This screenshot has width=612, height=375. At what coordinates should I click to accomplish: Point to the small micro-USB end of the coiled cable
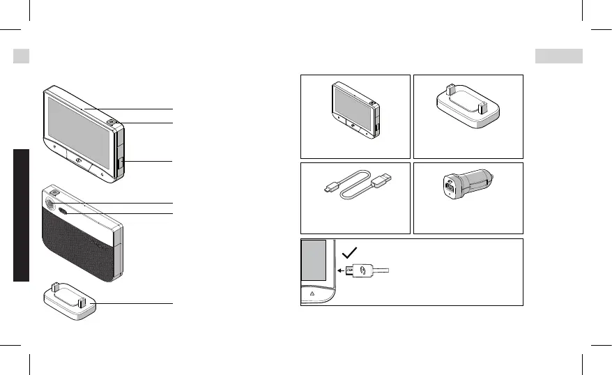330,188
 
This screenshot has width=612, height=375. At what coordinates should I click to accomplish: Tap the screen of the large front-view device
79,130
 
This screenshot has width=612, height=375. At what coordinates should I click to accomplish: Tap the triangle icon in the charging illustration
312,294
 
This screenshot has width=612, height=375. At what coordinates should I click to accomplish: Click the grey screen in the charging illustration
313,259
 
